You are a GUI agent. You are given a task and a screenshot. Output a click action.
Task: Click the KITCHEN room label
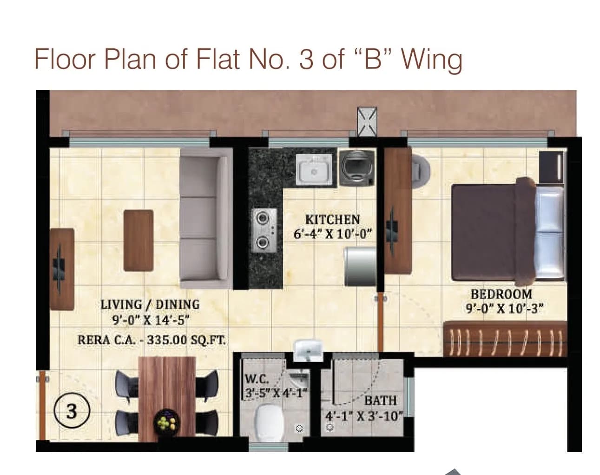pyautogui.click(x=332, y=219)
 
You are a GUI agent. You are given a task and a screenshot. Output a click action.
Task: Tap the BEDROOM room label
pyautogui.click(x=501, y=294)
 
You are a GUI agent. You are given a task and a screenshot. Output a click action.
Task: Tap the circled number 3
pyautogui.click(x=72, y=411)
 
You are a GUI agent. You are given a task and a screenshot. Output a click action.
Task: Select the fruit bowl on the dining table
pyautogui.click(x=166, y=421)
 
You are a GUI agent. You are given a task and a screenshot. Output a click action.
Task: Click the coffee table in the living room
pyautogui.click(x=138, y=240)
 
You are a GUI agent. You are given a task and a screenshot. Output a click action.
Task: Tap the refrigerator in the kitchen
pyautogui.click(x=360, y=266)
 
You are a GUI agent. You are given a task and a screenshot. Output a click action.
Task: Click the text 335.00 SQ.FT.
pyautogui.click(x=186, y=340)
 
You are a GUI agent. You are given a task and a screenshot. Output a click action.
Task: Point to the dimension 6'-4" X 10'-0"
pyautogui.click(x=333, y=234)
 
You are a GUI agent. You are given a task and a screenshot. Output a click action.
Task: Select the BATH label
pyautogui.click(x=381, y=400)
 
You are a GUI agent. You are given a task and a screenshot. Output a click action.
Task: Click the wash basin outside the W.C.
pyautogui.click(x=308, y=349)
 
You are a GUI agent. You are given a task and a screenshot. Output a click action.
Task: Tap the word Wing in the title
pyautogui.click(x=432, y=60)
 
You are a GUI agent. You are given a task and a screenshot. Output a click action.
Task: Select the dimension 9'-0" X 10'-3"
pyautogui.click(x=505, y=308)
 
